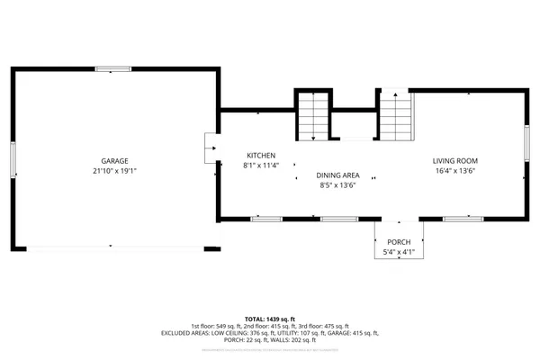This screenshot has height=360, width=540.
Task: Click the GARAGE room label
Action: [x=114, y=160]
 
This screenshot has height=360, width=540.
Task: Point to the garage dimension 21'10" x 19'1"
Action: [x=114, y=171]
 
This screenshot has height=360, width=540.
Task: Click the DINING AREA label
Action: [x=337, y=175]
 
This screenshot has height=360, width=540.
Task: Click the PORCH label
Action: [x=399, y=243]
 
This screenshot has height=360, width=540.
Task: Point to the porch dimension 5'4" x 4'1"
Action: [x=399, y=254]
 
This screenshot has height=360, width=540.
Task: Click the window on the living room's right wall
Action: [x=526, y=144]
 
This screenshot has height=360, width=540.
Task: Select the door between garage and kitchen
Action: [x=211, y=145]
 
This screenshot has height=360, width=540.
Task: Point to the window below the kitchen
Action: [x=266, y=218]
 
